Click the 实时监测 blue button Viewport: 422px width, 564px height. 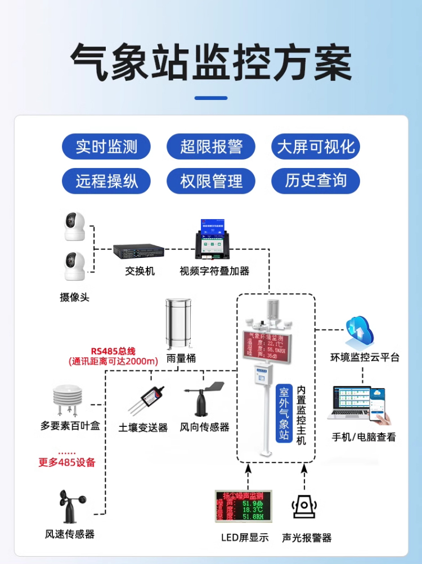click(106, 147)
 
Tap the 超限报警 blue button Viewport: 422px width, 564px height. click(211, 147)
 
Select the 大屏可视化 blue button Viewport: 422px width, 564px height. click(316, 147)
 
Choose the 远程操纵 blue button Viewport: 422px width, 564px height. click(106, 181)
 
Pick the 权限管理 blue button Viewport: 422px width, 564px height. click(211, 181)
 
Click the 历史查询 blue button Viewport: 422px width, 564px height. click(316, 181)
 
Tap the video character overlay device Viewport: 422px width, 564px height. click(213, 242)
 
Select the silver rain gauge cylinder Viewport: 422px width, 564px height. click(181, 324)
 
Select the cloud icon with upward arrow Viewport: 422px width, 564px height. click(359, 331)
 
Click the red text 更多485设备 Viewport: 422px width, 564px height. click(67, 463)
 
